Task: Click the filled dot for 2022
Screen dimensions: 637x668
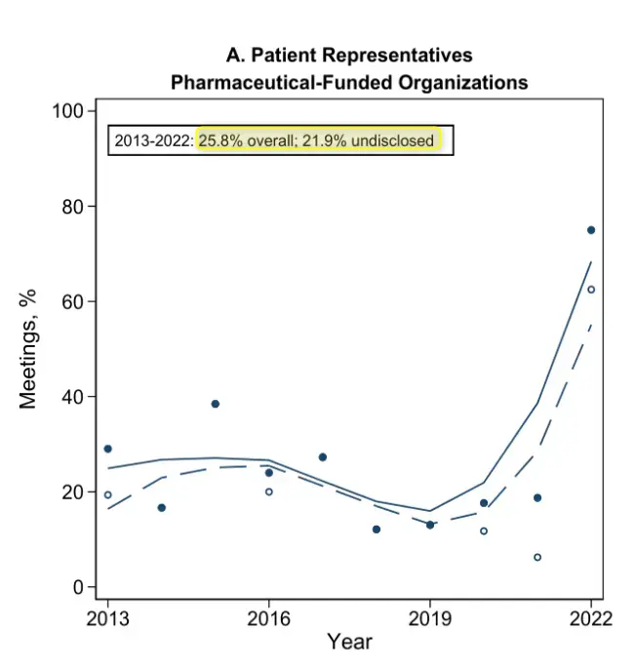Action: (x=591, y=230)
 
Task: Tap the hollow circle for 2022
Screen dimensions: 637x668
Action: (x=591, y=290)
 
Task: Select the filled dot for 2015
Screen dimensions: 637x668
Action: (x=216, y=404)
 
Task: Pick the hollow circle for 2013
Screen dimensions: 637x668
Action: (x=108, y=494)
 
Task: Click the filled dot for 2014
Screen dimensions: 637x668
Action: (x=162, y=508)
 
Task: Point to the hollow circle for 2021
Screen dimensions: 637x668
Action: (x=537, y=557)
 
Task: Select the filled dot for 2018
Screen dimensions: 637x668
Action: (x=377, y=530)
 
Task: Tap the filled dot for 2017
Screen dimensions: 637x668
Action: (x=323, y=457)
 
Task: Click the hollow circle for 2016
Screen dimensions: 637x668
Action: (x=269, y=491)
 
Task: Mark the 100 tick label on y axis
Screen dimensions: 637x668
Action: (x=67, y=111)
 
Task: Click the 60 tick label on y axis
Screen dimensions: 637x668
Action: (x=72, y=301)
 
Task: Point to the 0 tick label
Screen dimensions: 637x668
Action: (x=78, y=587)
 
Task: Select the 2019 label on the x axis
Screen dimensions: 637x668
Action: (x=430, y=618)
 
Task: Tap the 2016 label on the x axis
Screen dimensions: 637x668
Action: (x=269, y=618)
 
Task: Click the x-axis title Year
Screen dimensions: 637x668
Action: (x=349, y=642)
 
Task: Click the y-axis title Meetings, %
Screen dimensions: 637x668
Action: (x=28, y=349)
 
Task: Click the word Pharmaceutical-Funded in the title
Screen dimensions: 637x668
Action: (x=281, y=82)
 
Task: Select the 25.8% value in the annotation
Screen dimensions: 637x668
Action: (x=220, y=140)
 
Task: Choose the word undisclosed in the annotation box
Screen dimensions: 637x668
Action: (x=392, y=140)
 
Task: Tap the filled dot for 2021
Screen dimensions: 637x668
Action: (x=537, y=498)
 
